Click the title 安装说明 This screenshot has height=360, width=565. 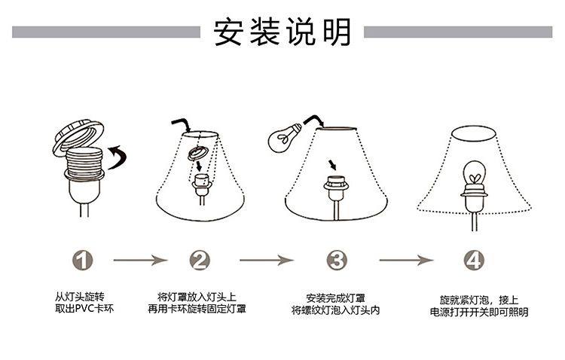tap(282, 31)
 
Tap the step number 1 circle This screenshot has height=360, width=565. tap(84, 261)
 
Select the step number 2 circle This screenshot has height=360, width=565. tap(200, 261)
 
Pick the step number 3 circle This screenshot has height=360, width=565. tap(337, 261)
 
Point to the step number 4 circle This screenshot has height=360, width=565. tap(472, 261)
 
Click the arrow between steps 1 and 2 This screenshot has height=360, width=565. tap(140, 261)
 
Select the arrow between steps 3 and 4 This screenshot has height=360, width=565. tap(405, 261)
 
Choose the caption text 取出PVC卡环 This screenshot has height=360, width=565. tap(82, 309)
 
